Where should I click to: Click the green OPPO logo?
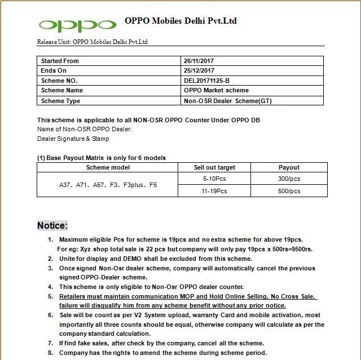[77, 25]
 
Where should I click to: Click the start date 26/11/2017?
[199, 61]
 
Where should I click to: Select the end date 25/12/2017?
[199, 70]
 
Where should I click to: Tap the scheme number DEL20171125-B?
[206, 81]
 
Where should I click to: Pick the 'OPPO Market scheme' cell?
[216, 90]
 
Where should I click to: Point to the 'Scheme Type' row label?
[60, 101]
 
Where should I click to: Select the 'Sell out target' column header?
[214, 167]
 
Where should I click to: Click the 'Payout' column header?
[289, 167]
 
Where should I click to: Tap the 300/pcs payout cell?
[289, 179]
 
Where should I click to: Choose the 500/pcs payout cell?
[289, 191]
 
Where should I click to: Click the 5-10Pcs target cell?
[214, 179]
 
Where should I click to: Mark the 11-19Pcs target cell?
[214, 191]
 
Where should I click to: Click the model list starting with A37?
[108, 185]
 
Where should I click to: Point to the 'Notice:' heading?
[52, 225]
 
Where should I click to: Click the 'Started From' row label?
[60, 61]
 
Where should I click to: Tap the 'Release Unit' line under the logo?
[93, 42]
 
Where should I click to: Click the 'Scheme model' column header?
[108, 167]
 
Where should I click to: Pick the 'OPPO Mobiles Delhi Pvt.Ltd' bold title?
[180, 21]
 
